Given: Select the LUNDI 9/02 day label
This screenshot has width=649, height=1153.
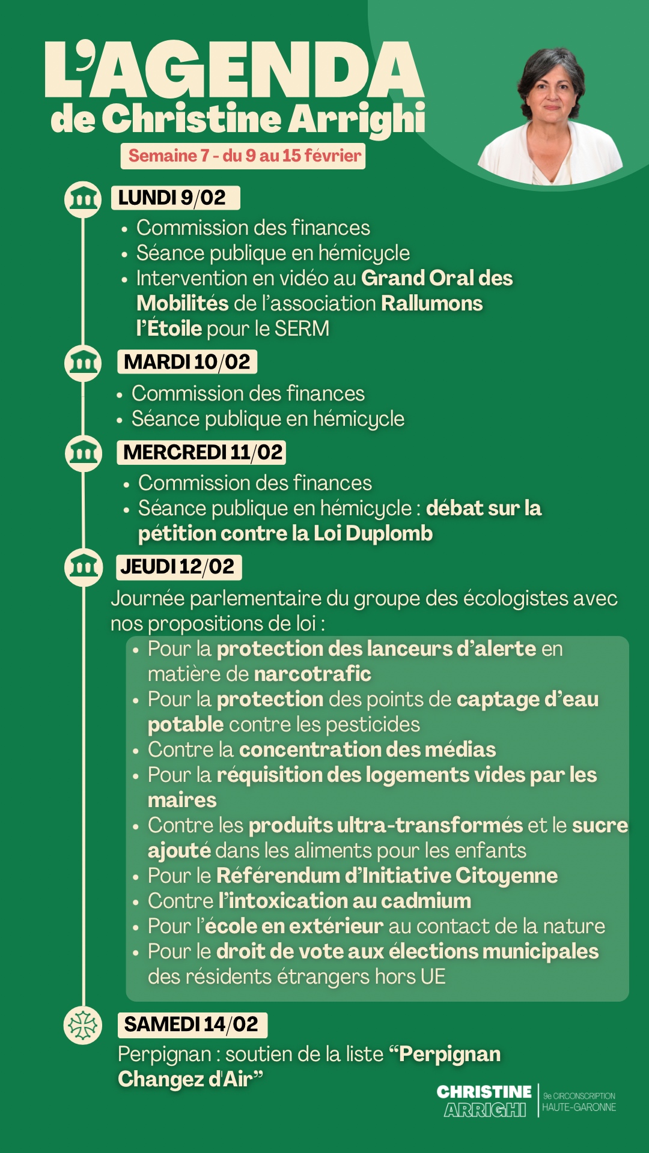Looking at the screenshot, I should click(175, 198).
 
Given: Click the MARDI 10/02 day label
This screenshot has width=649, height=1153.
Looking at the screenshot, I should click(187, 362).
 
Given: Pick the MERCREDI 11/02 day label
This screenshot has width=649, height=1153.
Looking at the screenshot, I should click(202, 452).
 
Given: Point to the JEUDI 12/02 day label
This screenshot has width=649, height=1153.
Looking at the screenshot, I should click(178, 566).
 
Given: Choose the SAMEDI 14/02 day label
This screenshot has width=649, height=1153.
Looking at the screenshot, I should click(192, 1024).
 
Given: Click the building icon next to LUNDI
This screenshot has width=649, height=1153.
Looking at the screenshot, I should click(83, 199).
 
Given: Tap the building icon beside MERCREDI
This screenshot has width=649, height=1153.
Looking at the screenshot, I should click(83, 452).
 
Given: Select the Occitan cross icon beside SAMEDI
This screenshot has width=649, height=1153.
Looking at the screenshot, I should click(83, 1025).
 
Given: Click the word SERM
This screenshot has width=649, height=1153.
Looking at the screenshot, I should click(302, 328).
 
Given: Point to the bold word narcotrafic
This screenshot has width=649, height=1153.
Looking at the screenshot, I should click(312, 674).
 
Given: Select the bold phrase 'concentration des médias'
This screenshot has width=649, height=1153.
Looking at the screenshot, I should click(367, 749).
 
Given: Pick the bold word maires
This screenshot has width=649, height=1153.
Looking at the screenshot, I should click(182, 800).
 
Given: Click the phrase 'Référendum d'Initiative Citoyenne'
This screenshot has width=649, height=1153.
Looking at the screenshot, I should click(387, 876).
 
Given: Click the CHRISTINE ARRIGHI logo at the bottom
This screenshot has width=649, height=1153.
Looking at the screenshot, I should click(484, 1101).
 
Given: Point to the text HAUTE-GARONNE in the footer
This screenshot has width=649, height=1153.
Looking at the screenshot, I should click(579, 1107).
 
